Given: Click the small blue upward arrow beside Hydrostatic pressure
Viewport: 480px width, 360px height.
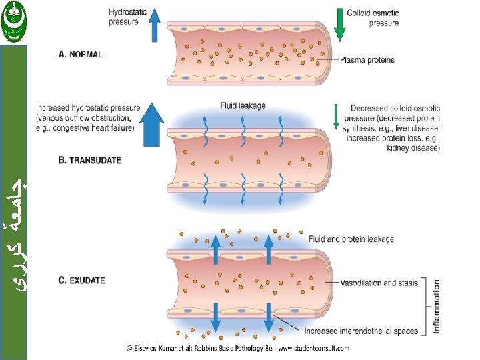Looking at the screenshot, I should (x=154, y=25).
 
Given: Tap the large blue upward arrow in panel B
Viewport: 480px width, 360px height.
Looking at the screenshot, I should (x=153, y=125).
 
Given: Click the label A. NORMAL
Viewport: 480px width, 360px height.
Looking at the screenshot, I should (x=81, y=55).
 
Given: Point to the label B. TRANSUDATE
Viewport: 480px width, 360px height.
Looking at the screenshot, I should (x=91, y=161).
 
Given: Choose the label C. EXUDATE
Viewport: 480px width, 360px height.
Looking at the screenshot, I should (x=82, y=281).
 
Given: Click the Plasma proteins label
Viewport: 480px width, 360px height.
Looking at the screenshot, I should (x=367, y=60).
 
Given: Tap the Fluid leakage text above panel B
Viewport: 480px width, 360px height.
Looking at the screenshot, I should (x=243, y=105).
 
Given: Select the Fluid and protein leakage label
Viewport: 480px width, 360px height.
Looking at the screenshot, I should (x=351, y=239).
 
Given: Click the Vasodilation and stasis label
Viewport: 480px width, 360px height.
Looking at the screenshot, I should (x=380, y=283).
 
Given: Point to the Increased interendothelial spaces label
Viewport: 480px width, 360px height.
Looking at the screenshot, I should (x=361, y=331).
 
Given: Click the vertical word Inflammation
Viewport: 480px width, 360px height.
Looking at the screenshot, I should (x=437, y=306).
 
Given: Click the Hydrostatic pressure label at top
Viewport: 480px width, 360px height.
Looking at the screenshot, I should (x=124, y=17).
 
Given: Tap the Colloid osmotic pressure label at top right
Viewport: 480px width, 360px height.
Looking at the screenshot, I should (x=373, y=17).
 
